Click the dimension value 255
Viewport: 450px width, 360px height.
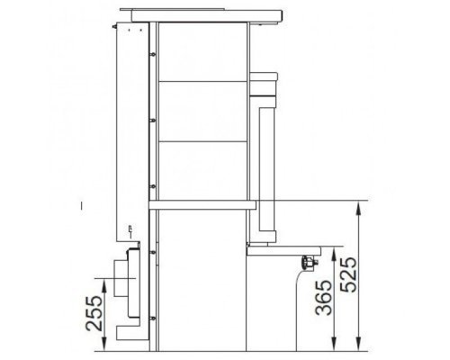(94, 313)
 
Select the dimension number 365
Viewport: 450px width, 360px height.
(324, 298)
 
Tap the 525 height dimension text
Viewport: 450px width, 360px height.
(348, 274)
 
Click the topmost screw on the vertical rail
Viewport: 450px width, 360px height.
(153, 54)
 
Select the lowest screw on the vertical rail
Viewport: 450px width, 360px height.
(153, 319)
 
